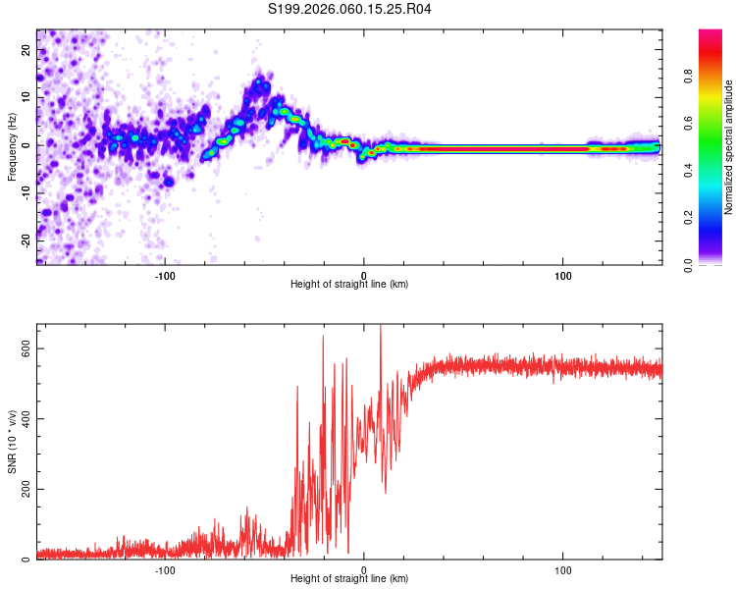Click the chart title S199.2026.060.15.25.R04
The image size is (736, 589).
click(350, 10)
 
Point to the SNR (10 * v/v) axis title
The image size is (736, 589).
click(13, 443)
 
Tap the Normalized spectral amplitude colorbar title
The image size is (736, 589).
click(728, 147)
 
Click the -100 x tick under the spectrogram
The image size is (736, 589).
click(165, 275)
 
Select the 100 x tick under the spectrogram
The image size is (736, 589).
click(563, 275)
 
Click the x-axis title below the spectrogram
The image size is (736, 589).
click(349, 285)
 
